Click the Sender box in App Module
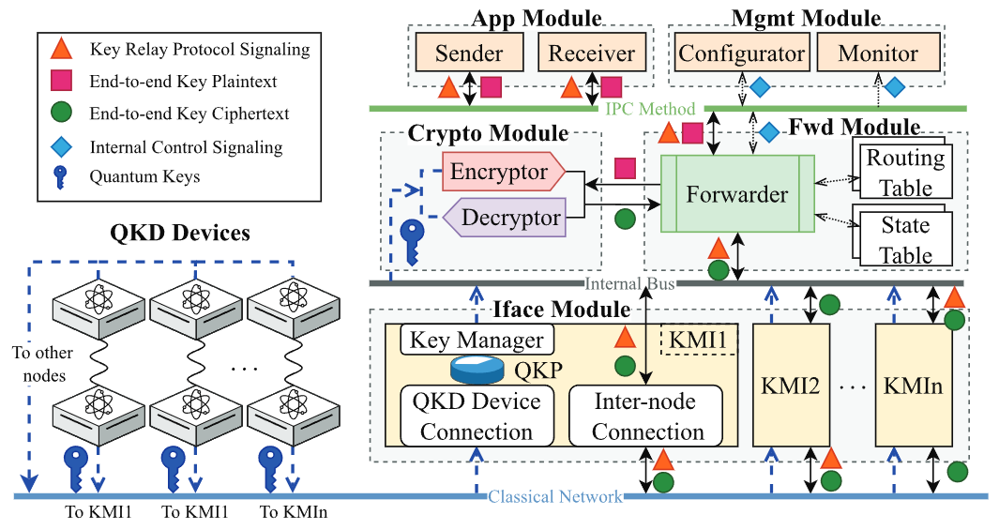click(x=469, y=53)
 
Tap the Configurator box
click(x=741, y=53)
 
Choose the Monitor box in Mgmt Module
click(x=878, y=53)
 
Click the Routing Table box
click(x=904, y=172)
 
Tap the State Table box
click(x=904, y=239)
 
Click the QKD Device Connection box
click(x=477, y=416)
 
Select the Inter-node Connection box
click(x=646, y=416)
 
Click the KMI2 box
click(x=791, y=386)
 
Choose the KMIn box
click(x=913, y=386)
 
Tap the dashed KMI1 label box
click(x=700, y=339)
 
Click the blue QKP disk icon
click(x=477, y=370)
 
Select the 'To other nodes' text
click(x=42, y=364)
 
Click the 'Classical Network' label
click(x=554, y=496)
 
